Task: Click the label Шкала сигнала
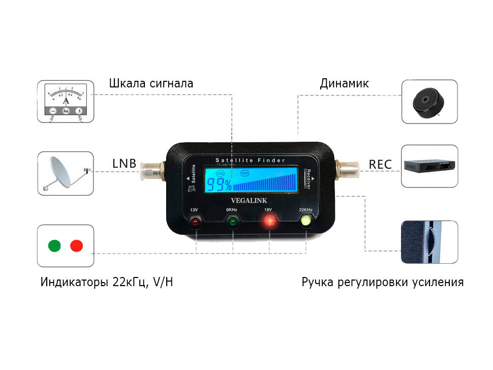pyautogui.click(x=151, y=83)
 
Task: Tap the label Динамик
pyautogui.click(x=344, y=83)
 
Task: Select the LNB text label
pyautogui.click(x=124, y=164)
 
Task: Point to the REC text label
pyautogui.click(x=380, y=164)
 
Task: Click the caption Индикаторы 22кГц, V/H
pyautogui.click(x=107, y=282)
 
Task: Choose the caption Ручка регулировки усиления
pyautogui.click(x=382, y=282)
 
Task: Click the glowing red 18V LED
pyautogui.click(x=268, y=222)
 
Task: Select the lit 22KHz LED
pyautogui.click(x=306, y=221)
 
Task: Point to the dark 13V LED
pyautogui.click(x=195, y=222)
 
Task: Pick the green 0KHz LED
pyautogui.click(x=232, y=222)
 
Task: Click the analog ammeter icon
pyautogui.click(x=66, y=101)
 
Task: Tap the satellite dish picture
pyautogui.click(x=66, y=173)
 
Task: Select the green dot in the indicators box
pyautogui.click(x=54, y=246)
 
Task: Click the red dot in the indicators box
pyautogui.click(x=77, y=246)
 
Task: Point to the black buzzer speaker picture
pyautogui.click(x=429, y=102)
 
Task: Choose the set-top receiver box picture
pyautogui.click(x=429, y=166)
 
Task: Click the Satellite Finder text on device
pyautogui.click(x=249, y=161)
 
